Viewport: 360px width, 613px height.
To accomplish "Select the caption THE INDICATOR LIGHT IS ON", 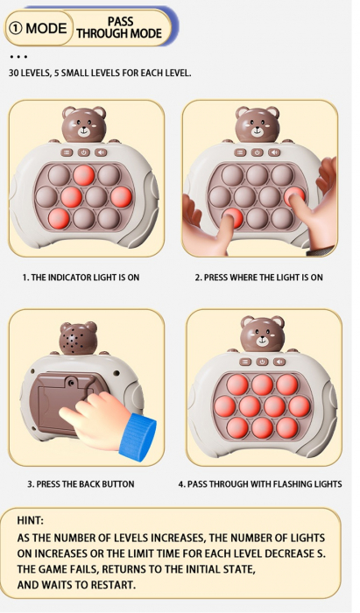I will point(81,278).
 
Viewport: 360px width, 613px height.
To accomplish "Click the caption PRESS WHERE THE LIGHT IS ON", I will point(258,278).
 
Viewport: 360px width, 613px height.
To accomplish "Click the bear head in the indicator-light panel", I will point(83,126).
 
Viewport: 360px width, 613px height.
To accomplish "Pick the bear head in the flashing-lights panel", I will point(262,335).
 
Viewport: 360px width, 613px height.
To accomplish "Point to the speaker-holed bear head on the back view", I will point(76,339).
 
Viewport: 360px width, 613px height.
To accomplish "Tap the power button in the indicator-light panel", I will point(84,151).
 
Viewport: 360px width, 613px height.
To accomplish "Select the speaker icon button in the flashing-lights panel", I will point(280,361).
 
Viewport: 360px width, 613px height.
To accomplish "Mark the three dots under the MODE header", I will point(18,57).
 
